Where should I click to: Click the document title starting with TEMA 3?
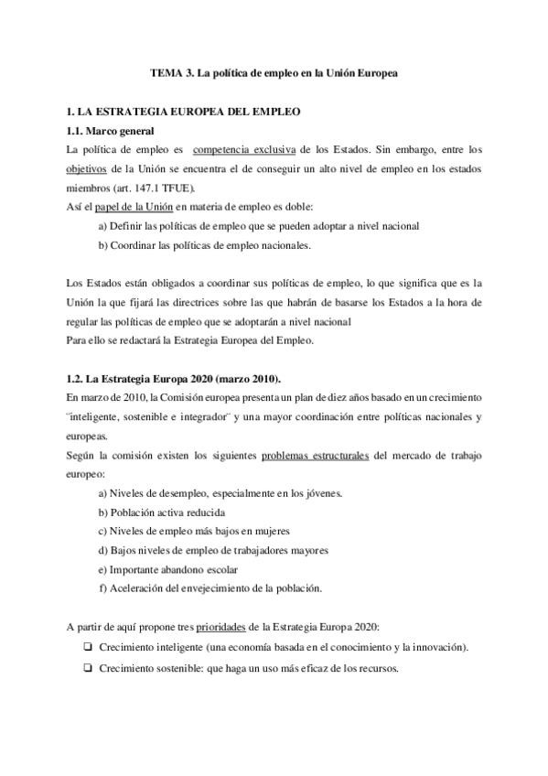[x=274, y=72]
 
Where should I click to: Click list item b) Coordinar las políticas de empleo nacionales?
[x=204, y=245]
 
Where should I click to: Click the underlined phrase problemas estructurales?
[x=316, y=455]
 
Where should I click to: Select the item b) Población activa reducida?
[x=161, y=512]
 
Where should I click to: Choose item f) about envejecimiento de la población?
[x=210, y=588]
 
